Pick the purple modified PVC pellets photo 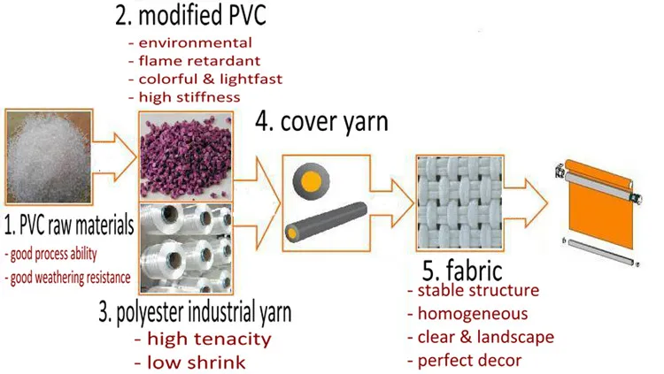187,154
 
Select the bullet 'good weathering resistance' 67,278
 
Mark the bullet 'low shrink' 189,362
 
